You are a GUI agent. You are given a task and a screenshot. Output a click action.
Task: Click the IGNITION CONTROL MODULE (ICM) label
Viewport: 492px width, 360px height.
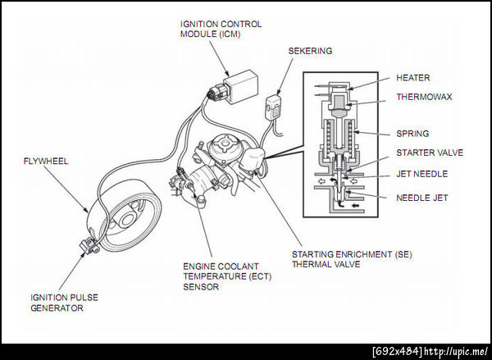tap(221, 29)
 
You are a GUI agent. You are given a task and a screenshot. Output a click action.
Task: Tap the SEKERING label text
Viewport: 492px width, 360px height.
tap(310, 51)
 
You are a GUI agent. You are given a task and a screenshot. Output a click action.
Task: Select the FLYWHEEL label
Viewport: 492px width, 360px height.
tap(46, 161)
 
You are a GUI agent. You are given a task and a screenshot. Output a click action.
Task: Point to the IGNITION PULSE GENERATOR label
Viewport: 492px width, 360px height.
tap(64, 303)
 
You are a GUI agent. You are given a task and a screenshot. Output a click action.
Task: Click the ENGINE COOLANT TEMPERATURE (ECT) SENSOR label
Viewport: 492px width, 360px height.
tap(227, 276)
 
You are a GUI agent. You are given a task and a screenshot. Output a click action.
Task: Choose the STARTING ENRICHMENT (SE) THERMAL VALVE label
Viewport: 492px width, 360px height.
tap(352, 259)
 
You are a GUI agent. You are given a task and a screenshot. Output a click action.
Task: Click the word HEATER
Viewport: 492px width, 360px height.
tap(413, 78)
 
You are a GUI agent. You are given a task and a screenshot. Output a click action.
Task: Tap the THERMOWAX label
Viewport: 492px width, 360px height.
tap(424, 97)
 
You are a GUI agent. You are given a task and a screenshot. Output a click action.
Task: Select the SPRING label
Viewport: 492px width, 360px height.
tap(412, 134)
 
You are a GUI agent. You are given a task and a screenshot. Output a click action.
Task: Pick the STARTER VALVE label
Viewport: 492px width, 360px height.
tap(430, 153)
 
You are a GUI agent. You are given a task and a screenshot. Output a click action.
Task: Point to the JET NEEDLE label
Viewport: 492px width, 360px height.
tap(421, 174)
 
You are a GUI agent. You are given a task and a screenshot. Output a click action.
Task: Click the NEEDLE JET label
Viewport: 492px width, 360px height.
tap(421, 198)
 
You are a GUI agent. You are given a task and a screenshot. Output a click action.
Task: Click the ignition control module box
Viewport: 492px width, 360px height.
tap(241, 87)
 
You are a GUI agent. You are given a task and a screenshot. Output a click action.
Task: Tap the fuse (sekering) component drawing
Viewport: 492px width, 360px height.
tap(274, 107)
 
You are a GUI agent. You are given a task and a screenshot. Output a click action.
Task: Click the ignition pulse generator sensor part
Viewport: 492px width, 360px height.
tap(89, 245)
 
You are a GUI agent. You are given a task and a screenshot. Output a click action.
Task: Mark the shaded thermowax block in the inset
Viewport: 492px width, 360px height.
tap(339, 103)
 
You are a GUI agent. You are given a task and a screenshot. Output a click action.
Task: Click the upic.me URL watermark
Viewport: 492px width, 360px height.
tap(456, 352)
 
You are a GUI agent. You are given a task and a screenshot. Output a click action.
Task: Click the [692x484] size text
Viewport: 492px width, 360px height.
tap(398, 352)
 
